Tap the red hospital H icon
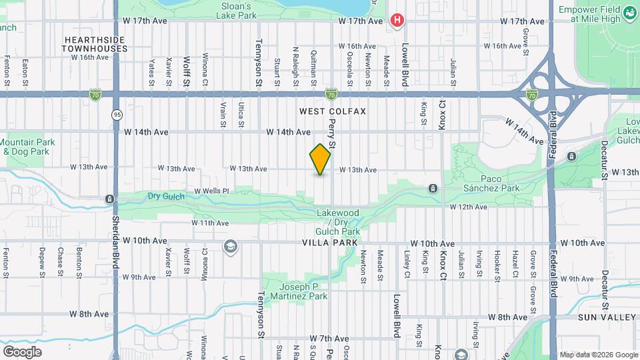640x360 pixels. pos(398,20)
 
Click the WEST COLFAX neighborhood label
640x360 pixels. pos(333,111)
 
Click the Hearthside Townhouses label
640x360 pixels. pos(96,44)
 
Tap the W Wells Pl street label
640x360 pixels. pos(211,191)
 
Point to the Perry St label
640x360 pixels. pos(332,134)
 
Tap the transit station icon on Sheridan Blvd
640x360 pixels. pos(109,199)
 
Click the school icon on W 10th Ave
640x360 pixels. pos(231,247)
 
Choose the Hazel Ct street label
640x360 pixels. pos(515,265)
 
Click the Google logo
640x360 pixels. pos(22,352)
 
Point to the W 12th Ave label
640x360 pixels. pos(468,207)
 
